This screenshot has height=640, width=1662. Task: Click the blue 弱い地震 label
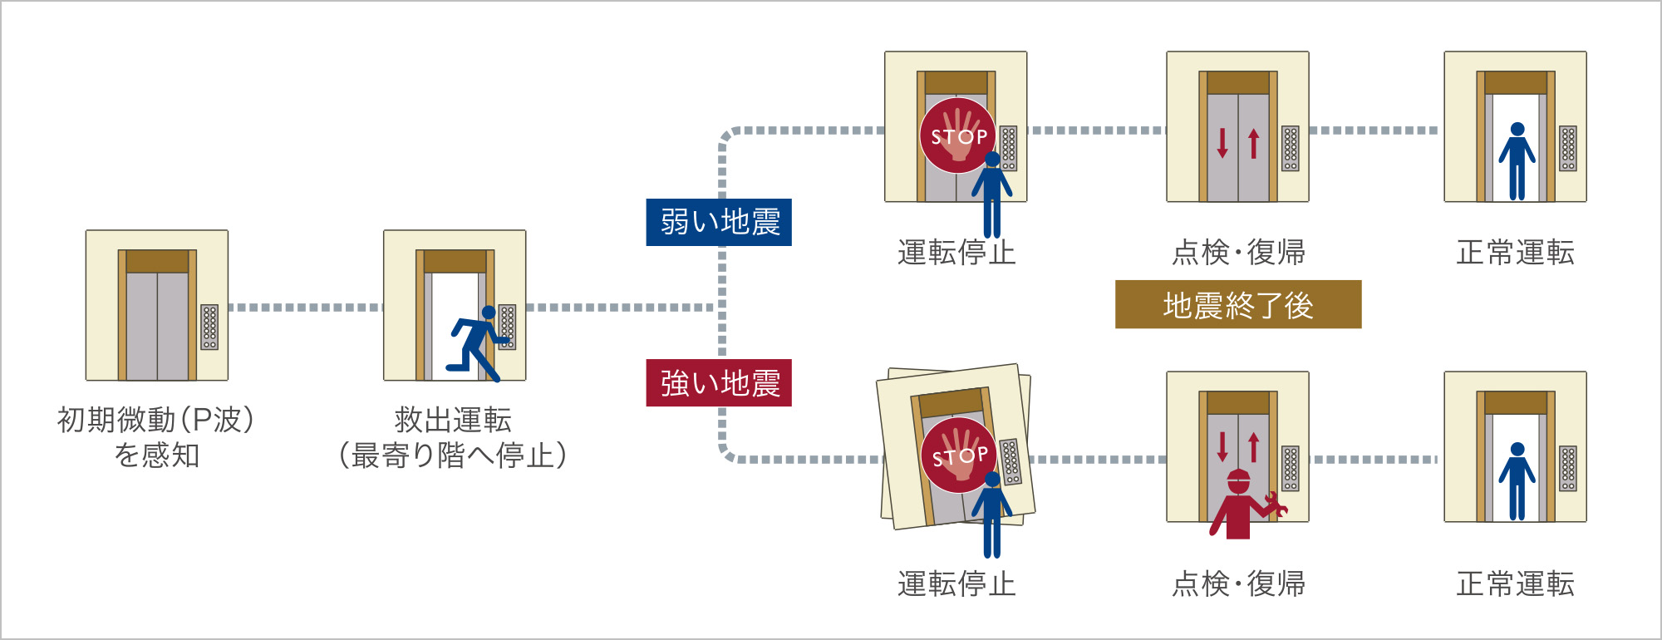[719, 222]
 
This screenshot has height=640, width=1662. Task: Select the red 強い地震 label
[719, 382]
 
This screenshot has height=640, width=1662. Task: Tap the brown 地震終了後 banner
[1237, 304]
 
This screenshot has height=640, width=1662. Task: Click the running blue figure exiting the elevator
[476, 342]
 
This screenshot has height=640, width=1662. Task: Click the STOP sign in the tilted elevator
[959, 455]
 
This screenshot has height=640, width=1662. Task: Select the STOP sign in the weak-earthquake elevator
[958, 135]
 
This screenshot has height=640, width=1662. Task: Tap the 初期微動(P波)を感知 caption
[156, 437]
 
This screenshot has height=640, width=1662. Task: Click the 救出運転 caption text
[453, 420]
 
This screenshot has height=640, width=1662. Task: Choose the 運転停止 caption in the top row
[956, 252]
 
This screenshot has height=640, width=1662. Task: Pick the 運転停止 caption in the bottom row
[956, 583]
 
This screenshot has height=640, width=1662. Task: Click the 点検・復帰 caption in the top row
[1238, 252]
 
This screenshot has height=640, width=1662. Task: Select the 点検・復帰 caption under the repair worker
[1238, 583]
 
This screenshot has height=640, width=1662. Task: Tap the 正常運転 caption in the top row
[1515, 252]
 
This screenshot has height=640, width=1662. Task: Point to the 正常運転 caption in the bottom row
[1515, 583]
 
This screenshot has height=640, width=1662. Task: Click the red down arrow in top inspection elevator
[1222, 142]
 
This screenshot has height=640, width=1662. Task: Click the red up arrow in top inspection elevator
[1254, 143]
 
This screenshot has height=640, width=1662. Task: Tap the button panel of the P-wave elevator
[209, 327]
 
